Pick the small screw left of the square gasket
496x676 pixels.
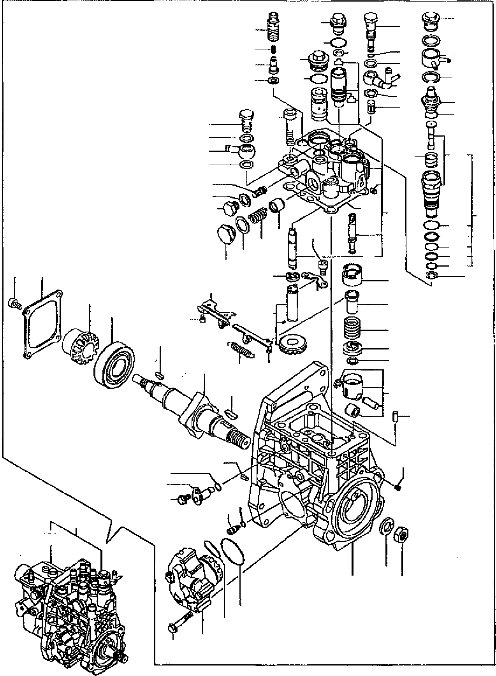(14, 303)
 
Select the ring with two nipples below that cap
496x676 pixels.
(433, 59)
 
